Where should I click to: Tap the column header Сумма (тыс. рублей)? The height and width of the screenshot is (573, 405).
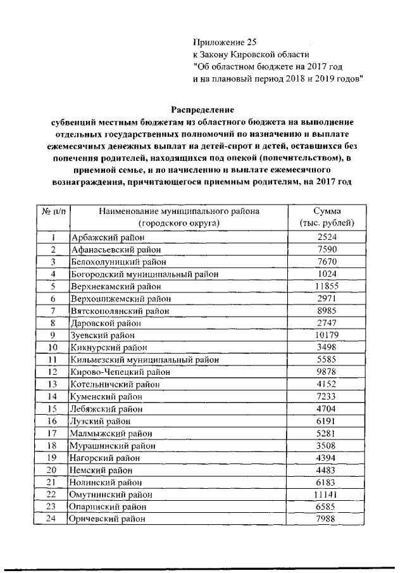coord(327,217)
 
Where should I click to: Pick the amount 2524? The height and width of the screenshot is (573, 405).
coord(327,238)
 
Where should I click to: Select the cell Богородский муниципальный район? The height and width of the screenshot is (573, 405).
coord(144,274)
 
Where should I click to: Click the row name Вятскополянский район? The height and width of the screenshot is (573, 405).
coord(120,311)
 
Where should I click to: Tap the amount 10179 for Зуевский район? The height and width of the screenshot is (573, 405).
coord(327,335)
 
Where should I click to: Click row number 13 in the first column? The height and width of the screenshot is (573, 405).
coord(53,384)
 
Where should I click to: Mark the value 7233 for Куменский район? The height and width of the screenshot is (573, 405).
coord(327,396)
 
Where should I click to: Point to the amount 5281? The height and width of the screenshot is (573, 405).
coord(327,433)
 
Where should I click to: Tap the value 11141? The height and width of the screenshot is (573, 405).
coord(327,494)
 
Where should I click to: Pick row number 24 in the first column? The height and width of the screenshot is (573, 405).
coord(53,519)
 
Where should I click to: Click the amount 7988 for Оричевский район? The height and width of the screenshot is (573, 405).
coord(327,519)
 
